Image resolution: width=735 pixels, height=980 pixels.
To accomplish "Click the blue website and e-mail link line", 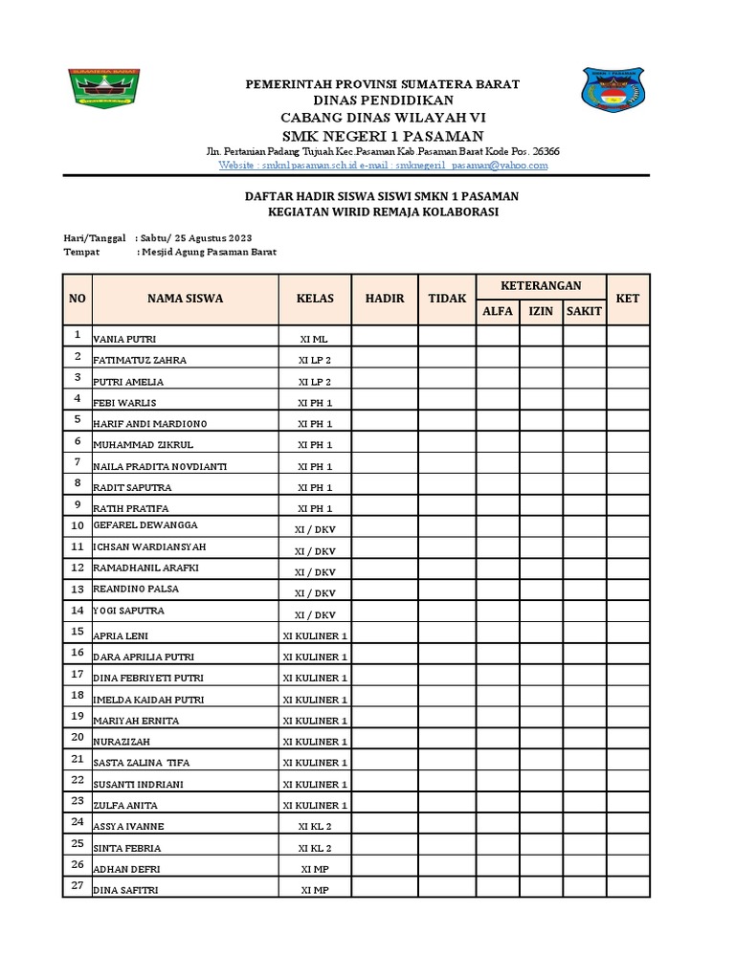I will coord(383,165).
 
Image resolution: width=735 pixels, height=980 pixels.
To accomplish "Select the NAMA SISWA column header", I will coord(185,299).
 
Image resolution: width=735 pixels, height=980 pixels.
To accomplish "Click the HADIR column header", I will coord(385,299).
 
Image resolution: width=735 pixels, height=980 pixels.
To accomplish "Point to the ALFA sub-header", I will coord(498,311).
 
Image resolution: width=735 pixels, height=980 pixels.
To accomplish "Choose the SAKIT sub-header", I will coord(584,311).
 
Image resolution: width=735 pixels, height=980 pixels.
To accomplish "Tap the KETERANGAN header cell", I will coord(541,286).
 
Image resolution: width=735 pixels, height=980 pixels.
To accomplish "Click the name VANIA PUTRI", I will coord(124,340).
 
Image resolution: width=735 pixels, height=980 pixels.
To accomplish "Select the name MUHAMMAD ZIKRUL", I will coord(138,445).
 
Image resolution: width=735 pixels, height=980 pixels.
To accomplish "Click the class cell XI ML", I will coord(315,340).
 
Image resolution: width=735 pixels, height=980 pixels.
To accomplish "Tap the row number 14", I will coord(77,610).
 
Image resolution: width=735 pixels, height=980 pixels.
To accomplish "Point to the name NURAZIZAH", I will coord(122,742).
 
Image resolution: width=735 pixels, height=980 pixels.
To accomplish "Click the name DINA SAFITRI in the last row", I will coord(126,890).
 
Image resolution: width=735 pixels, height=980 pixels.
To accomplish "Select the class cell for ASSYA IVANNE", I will coord(315,826).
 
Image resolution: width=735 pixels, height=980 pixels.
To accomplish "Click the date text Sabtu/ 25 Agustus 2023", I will coord(196,237).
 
